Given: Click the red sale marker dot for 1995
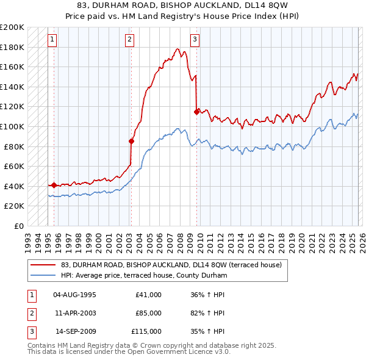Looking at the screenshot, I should click(x=54, y=185).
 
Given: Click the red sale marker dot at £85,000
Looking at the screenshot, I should click(x=131, y=141).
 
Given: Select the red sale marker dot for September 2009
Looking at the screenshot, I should click(x=196, y=112).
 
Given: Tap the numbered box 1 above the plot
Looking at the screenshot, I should click(x=52, y=40).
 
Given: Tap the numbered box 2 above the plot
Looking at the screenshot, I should click(x=130, y=40).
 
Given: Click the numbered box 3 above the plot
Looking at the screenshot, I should click(x=195, y=40).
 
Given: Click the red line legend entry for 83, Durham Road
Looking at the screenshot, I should click(x=171, y=265).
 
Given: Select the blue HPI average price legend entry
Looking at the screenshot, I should click(x=144, y=276).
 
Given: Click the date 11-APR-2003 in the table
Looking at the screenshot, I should click(x=75, y=313).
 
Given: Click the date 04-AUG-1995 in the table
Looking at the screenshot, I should click(x=75, y=295).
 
